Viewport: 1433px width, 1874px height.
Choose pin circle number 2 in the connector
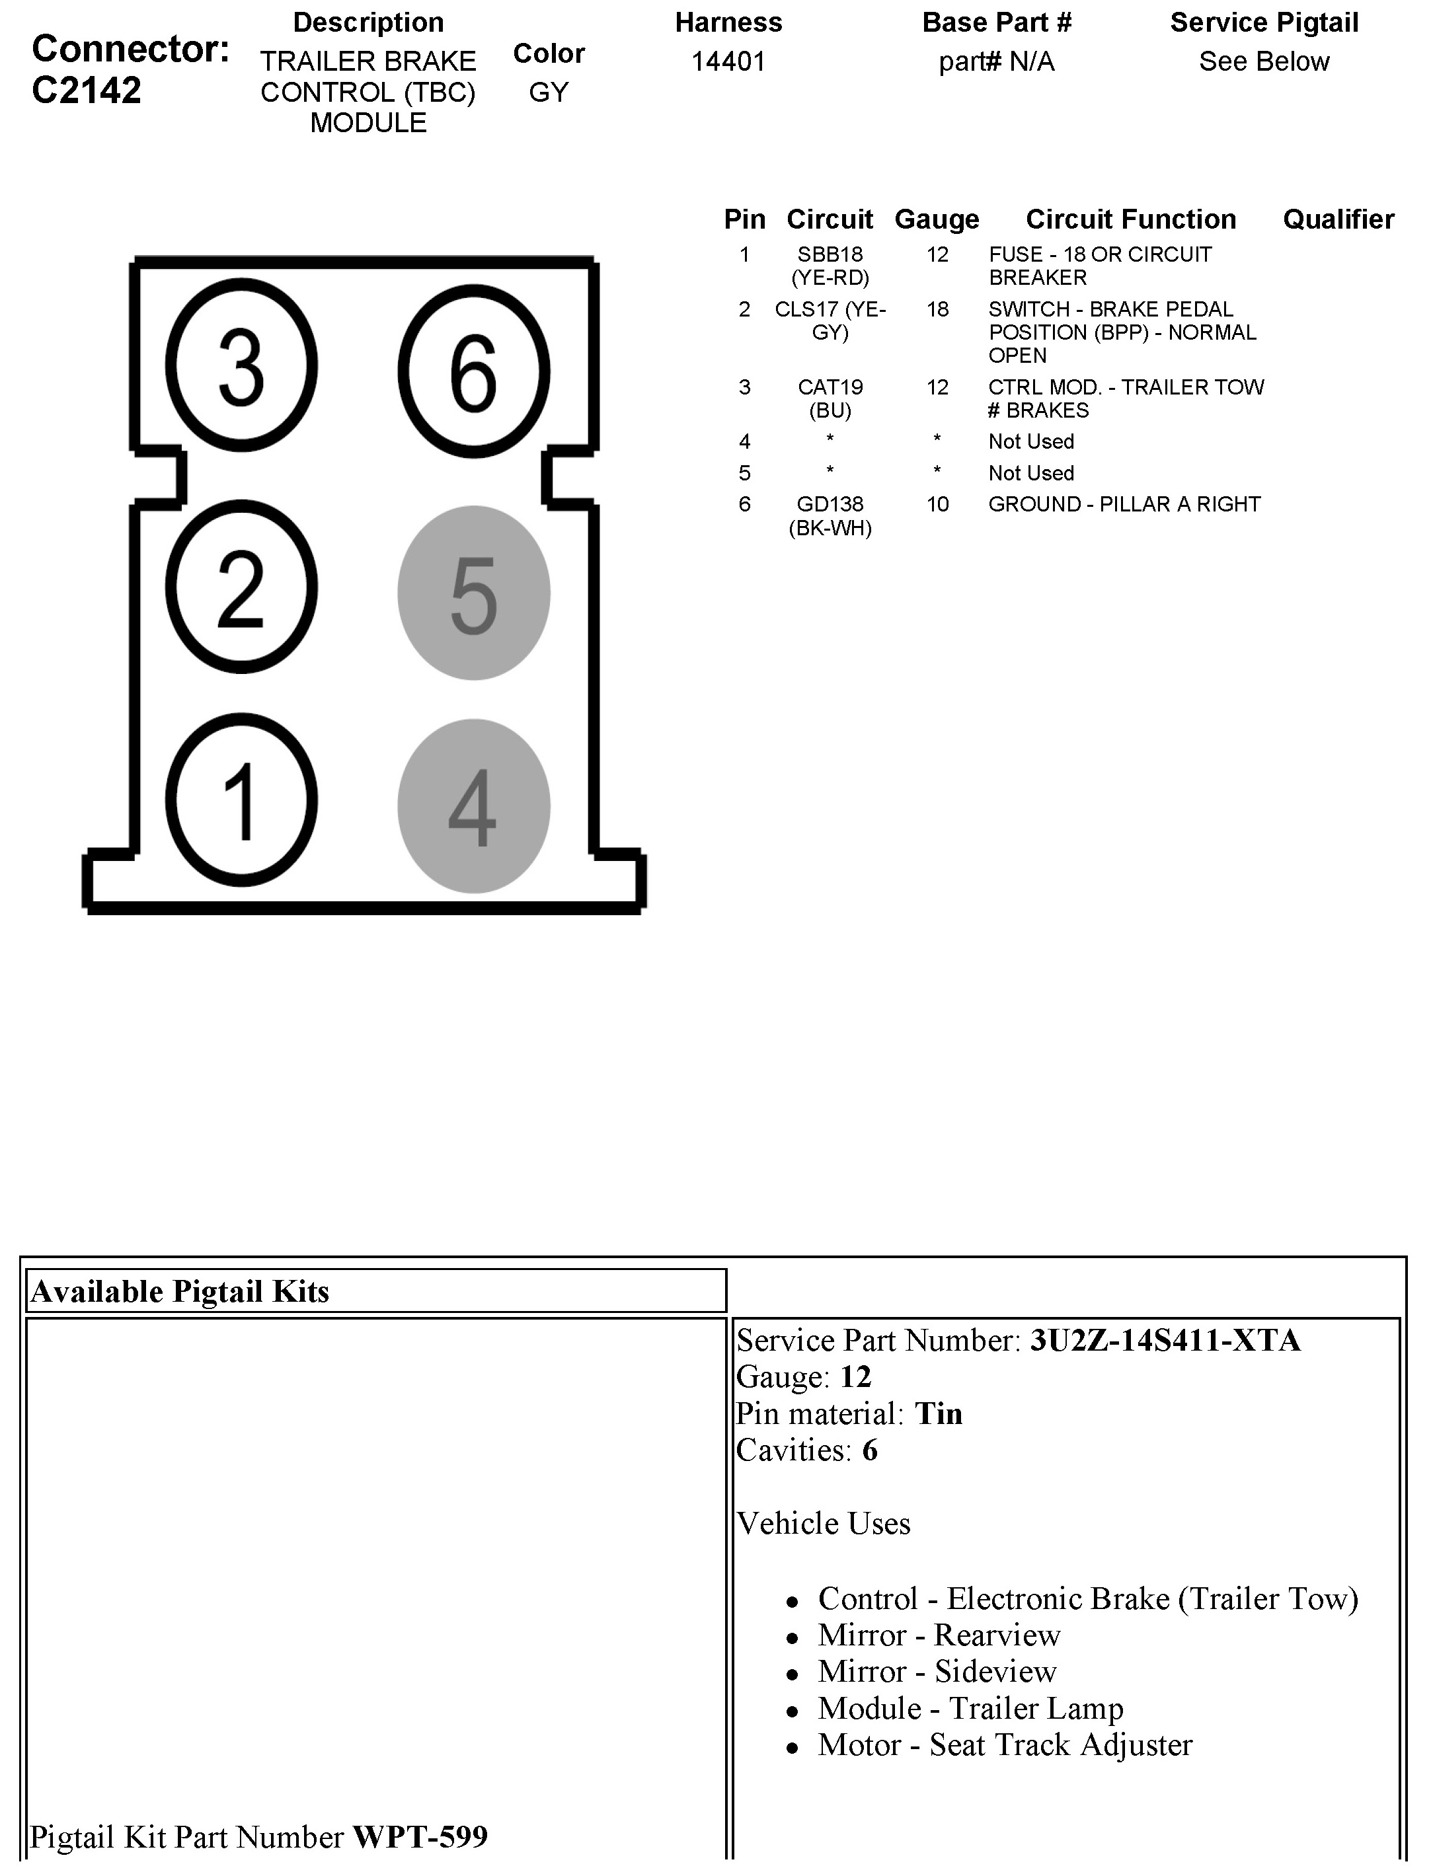(x=241, y=587)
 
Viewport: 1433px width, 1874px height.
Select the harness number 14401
(x=728, y=61)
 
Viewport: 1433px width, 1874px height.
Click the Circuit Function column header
(x=1130, y=219)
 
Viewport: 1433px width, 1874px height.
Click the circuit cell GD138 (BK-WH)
(x=830, y=516)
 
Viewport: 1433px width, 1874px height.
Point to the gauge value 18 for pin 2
(x=937, y=309)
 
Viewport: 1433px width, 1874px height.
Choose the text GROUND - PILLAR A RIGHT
(x=1124, y=505)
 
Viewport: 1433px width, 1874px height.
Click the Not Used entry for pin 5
(x=1030, y=473)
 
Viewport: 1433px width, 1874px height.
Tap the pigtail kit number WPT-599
(x=420, y=1836)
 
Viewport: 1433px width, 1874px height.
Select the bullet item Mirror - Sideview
(x=937, y=1672)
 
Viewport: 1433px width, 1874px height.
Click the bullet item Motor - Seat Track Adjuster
(x=1005, y=1745)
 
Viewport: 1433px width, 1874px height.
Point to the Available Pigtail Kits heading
(x=180, y=1292)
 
